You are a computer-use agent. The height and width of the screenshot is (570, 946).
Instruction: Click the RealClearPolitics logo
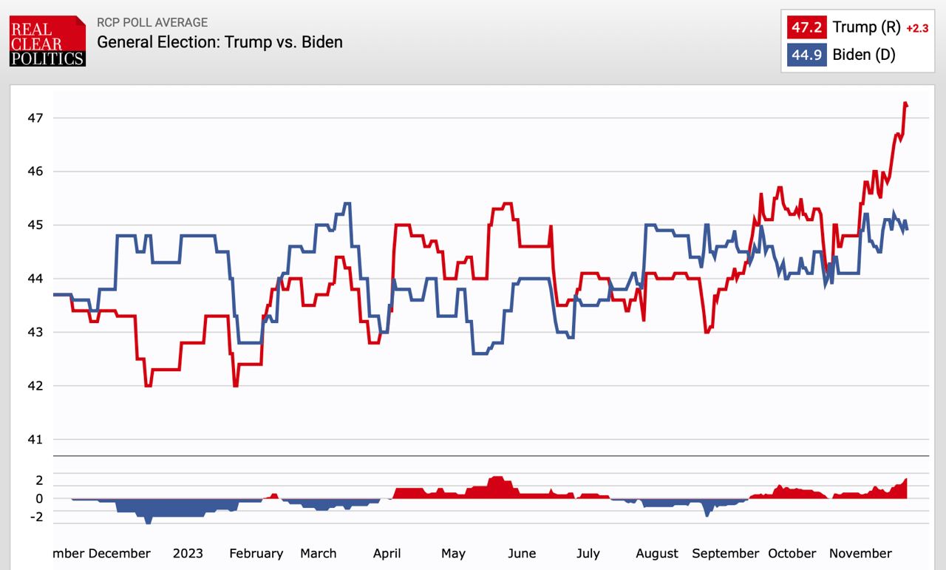tap(47, 41)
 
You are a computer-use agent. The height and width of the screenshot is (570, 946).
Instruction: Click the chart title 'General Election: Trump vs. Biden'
tap(220, 41)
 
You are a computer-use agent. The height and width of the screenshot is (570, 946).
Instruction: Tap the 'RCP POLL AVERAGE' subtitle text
tap(152, 22)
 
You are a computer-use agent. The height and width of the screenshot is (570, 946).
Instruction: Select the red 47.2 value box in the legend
tap(806, 27)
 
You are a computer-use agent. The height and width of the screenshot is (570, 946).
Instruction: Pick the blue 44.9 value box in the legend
tap(806, 55)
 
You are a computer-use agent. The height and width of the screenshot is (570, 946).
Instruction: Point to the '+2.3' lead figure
tap(916, 29)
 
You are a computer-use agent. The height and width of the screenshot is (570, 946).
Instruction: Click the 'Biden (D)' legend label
tap(863, 55)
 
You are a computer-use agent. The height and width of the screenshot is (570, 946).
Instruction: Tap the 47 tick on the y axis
tap(37, 118)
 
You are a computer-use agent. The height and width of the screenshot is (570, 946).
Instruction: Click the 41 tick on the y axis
tap(37, 439)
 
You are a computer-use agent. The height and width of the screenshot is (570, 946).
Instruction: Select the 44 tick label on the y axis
tap(37, 279)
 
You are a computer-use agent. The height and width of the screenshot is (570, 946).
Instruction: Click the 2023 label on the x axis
tap(187, 553)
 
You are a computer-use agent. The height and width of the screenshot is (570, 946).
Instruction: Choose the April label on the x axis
tap(387, 553)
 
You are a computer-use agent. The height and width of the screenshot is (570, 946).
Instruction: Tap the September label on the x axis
tap(726, 553)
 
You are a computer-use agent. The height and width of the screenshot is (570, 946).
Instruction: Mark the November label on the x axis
tap(860, 553)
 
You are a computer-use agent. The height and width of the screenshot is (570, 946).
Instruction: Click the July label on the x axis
tap(588, 553)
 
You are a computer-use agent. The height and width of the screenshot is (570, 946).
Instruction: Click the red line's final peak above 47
tap(905, 104)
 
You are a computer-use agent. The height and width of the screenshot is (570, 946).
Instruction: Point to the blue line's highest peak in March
tap(347, 203)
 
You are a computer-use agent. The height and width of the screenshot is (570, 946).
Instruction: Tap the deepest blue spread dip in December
tap(148, 521)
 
